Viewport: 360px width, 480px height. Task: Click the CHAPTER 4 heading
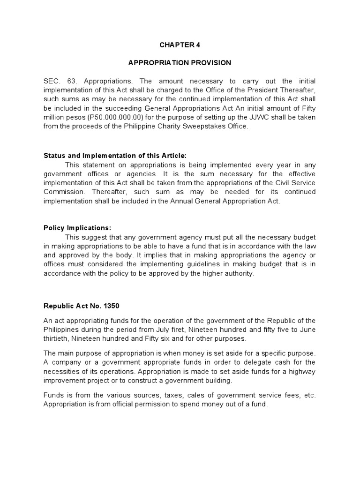coord(180,45)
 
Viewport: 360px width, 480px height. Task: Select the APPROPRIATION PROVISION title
coord(180,62)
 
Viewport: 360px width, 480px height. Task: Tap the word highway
coord(301,371)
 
